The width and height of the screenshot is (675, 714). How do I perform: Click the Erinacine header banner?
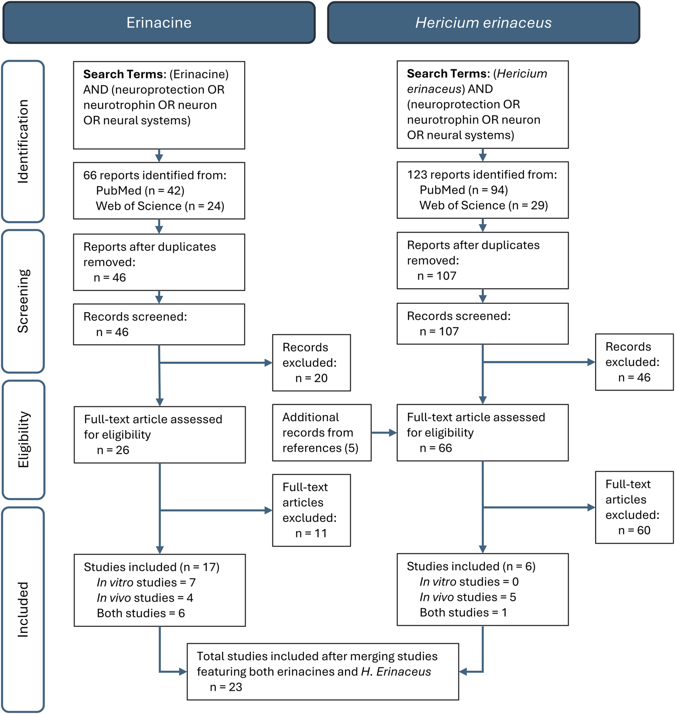click(159, 23)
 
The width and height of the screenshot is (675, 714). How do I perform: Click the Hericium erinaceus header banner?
click(483, 23)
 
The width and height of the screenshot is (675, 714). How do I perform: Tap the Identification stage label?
click(23, 141)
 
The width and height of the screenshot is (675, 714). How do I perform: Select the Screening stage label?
click(23, 301)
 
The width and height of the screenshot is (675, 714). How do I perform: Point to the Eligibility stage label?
click(23, 440)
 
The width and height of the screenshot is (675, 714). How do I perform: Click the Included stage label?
click(23, 610)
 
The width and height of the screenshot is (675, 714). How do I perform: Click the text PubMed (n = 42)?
click(140, 191)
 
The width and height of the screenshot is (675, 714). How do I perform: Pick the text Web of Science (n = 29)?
click(483, 205)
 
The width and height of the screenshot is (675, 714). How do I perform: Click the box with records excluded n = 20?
click(311, 363)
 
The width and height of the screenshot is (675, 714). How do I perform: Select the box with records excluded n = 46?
click(634, 362)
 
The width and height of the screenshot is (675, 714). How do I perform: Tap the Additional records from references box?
click(321, 432)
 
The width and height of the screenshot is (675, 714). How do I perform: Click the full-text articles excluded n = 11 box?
click(311, 510)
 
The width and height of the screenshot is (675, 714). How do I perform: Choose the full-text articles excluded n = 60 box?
click(634, 507)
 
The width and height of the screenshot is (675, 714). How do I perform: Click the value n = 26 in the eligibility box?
click(113, 450)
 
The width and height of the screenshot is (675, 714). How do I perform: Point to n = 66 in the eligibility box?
click(436, 448)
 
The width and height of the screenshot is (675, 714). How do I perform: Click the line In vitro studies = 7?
click(146, 582)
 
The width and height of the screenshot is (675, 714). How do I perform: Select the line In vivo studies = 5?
click(467, 597)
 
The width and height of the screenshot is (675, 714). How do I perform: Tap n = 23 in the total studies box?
click(226, 687)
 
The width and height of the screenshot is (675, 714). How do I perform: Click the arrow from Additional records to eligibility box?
click(384, 433)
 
